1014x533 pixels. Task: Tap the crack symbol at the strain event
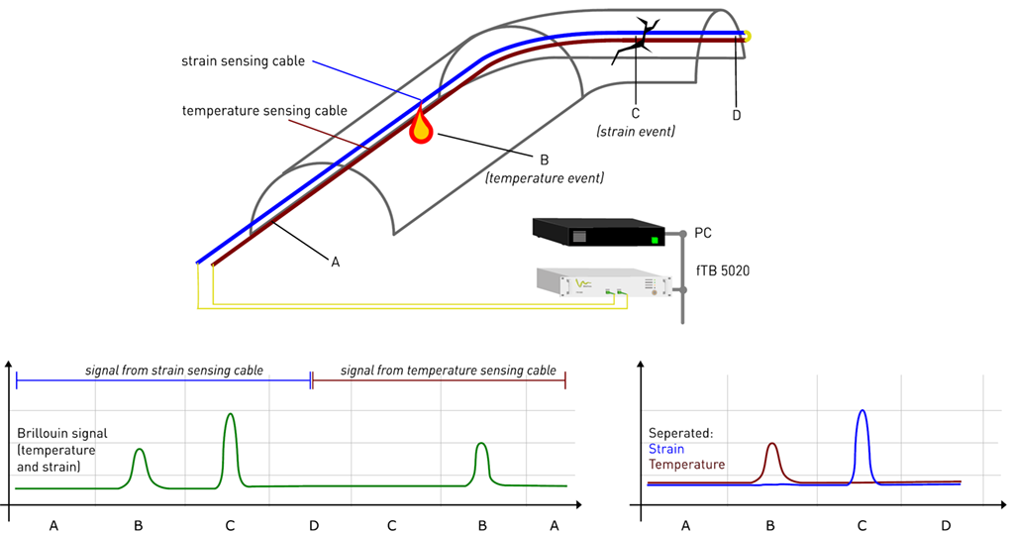tap(633, 40)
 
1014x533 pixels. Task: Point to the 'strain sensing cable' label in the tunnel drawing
tap(243, 61)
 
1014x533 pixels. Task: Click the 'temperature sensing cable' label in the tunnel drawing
tap(264, 110)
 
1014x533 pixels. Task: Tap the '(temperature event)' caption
tap(544, 178)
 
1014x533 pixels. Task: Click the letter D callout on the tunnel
tap(736, 115)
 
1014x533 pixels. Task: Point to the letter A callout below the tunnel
tap(335, 262)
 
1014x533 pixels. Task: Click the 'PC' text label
tap(703, 234)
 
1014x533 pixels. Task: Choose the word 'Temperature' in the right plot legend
tap(687, 464)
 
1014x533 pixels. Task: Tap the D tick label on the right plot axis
tap(945, 525)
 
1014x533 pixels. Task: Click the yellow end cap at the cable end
tap(748, 37)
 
